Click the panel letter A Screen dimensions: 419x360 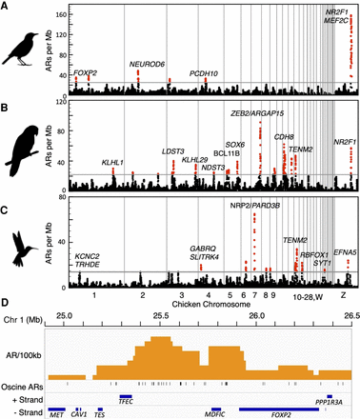pyautogui.click(x=7, y=7)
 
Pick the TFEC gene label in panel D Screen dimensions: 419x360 pyautogui.click(x=125, y=404)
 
